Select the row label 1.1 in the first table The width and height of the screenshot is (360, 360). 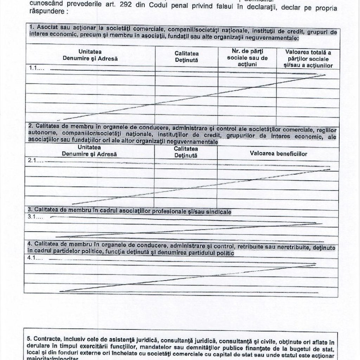[x=37, y=69]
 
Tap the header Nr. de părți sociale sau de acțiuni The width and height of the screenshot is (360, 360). [x=247, y=58]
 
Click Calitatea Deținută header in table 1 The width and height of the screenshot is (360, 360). [x=187, y=57]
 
